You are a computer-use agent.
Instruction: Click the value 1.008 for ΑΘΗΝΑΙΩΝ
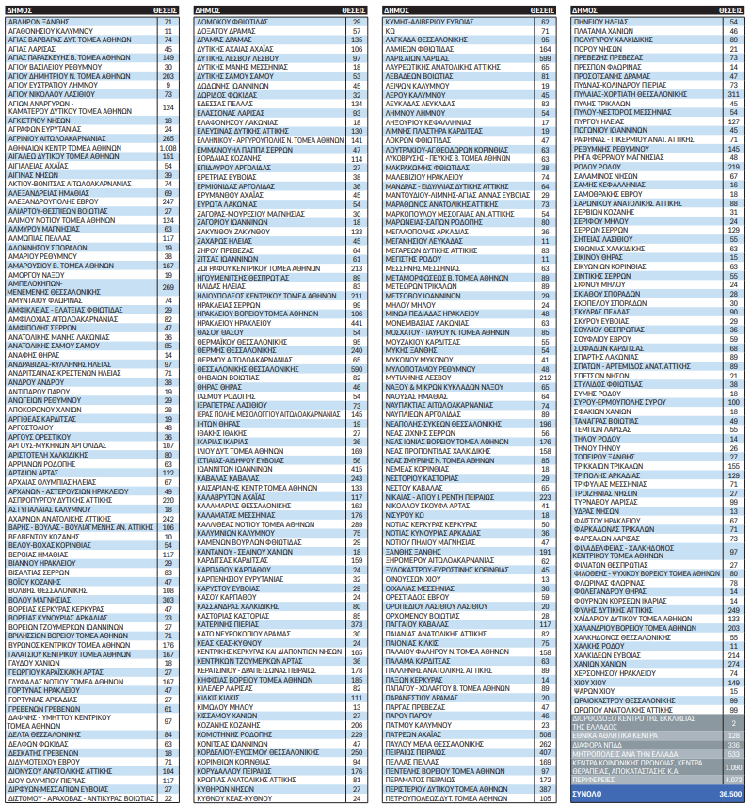[x=168, y=148]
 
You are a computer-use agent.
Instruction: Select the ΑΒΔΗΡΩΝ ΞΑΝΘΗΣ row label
[x=37, y=20]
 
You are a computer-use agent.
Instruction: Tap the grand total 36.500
[x=730, y=795]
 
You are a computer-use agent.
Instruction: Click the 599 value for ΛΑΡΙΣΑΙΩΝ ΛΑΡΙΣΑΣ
[x=543, y=56]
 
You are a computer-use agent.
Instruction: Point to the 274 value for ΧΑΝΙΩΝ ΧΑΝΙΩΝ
[x=733, y=664]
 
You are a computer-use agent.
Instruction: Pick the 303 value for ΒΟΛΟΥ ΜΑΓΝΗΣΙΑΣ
[x=168, y=599]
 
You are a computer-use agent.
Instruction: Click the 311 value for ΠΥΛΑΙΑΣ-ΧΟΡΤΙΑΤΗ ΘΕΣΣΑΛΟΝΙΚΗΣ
[x=733, y=93]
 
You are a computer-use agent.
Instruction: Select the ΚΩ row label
[x=391, y=28]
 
